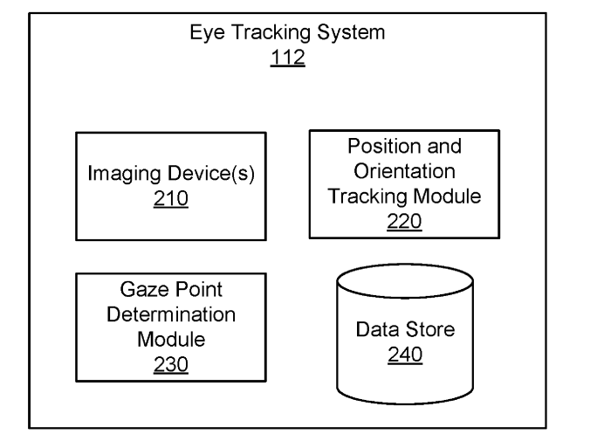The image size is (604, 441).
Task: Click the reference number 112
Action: (x=288, y=58)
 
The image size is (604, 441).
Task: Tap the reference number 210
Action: (x=171, y=198)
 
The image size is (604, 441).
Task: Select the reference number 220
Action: (x=404, y=221)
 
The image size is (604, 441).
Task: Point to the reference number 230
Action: (x=171, y=364)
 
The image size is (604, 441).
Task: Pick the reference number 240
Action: (x=405, y=355)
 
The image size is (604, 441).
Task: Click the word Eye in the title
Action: (x=207, y=33)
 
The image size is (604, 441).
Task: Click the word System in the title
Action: (x=351, y=33)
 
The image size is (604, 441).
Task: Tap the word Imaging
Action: (x=124, y=174)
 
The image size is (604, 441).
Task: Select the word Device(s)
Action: (x=211, y=174)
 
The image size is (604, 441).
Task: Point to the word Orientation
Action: (x=404, y=171)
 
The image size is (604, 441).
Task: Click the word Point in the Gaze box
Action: (x=196, y=289)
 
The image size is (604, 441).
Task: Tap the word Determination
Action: (x=171, y=314)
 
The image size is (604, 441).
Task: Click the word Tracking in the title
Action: (x=271, y=33)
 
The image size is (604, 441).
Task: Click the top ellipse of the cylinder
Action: (x=405, y=265)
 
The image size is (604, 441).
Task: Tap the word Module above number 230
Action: (x=171, y=340)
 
